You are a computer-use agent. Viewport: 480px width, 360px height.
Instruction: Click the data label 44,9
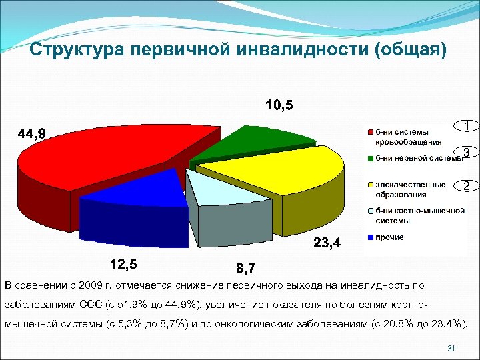[x=32, y=134]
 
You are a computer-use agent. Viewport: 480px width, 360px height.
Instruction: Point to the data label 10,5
[x=279, y=105]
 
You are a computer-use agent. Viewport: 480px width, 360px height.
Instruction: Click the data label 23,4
[x=327, y=243]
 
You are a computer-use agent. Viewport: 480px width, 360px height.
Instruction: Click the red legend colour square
[x=369, y=131]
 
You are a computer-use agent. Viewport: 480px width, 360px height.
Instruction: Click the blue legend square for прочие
[x=369, y=237]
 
